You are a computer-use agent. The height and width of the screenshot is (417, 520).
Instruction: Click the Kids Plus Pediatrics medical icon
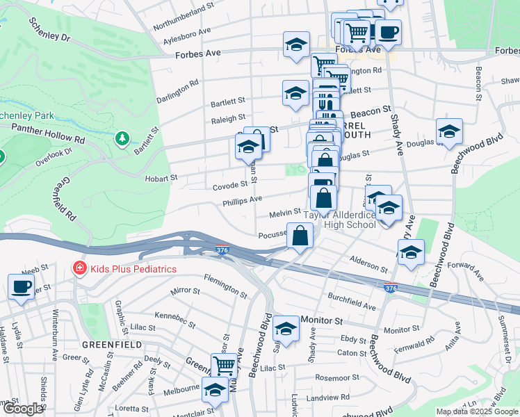79,268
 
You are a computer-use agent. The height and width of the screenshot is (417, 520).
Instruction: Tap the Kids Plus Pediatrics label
132,269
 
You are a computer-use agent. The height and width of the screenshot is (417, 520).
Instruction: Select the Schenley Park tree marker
122,139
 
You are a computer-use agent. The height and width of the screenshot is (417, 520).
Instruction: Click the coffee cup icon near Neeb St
21,286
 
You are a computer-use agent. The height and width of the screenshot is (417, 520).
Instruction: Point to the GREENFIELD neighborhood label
112,344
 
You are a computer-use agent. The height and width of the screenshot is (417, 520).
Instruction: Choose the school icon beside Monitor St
286,328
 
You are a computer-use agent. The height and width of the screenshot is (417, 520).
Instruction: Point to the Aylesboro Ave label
186,35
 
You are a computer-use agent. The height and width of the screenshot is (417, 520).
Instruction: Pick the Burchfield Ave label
352,304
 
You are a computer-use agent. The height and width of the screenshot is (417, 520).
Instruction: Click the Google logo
22,409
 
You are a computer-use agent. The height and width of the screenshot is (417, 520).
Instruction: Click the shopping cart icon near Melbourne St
224,363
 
